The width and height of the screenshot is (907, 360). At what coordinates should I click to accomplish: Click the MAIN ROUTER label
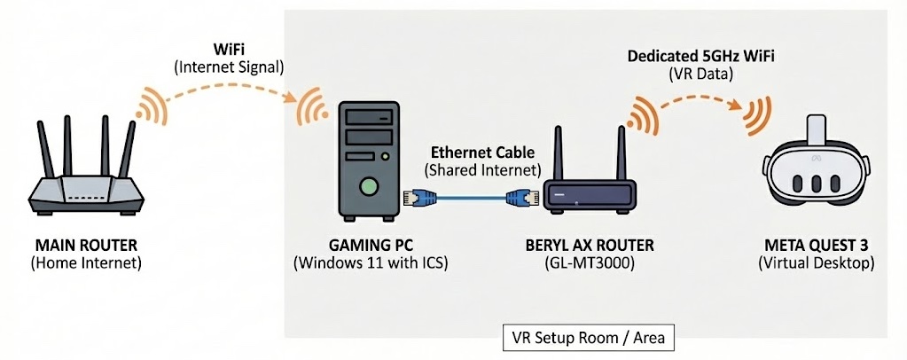point(86,244)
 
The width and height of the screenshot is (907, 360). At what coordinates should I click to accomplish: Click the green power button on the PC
point(368,186)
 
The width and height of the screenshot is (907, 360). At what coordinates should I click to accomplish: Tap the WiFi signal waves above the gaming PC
point(310,107)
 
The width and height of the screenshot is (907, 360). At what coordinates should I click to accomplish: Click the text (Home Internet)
point(86,262)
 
